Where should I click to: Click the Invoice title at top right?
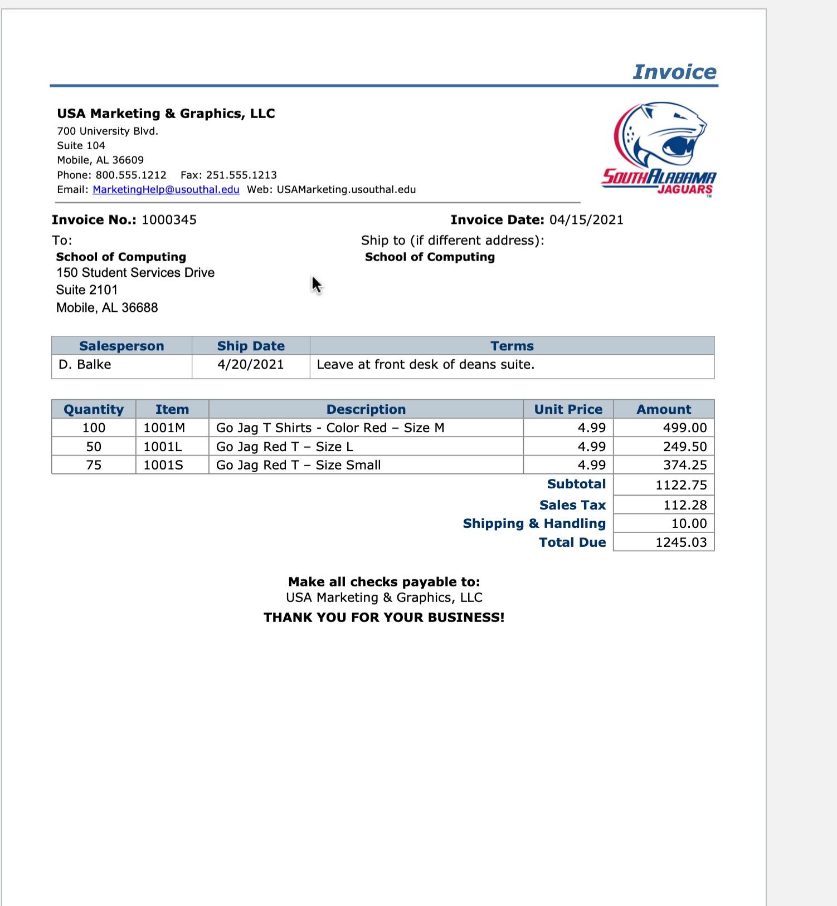pyautogui.click(x=674, y=72)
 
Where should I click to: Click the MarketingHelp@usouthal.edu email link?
pyautogui.click(x=166, y=189)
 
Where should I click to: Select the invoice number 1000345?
pyautogui.click(x=169, y=220)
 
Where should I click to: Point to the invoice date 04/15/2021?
pyautogui.click(x=586, y=220)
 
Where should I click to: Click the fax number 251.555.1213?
pyautogui.click(x=241, y=175)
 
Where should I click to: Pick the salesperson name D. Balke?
pyautogui.click(x=85, y=365)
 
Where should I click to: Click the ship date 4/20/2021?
pyautogui.click(x=251, y=365)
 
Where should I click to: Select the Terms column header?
pyautogui.click(x=512, y=346)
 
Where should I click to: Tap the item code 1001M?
pyautogui.click(x=164, y=428)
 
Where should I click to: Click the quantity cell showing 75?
pyautogui.click(x=94, y=465)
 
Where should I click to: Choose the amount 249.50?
pyautogui.click(x=684, y=447)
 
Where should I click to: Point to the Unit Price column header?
pyautogui.click(x=568, y=409)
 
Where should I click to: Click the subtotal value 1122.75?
pyautogui.click(x=680, y=485)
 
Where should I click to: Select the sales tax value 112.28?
pyautogui.click(x=684, y=505)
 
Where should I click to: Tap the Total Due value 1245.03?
pyautogui.click(x=680, y=542)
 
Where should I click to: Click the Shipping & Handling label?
pyautogui.click(x=534, y=523)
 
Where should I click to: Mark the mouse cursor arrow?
pyautogui.click(x=316, y=285)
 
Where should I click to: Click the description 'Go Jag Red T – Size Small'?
pyautogui.click(x=298, y=465)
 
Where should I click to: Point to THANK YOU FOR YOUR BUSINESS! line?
pyautogui.click(x=384, y=618)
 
